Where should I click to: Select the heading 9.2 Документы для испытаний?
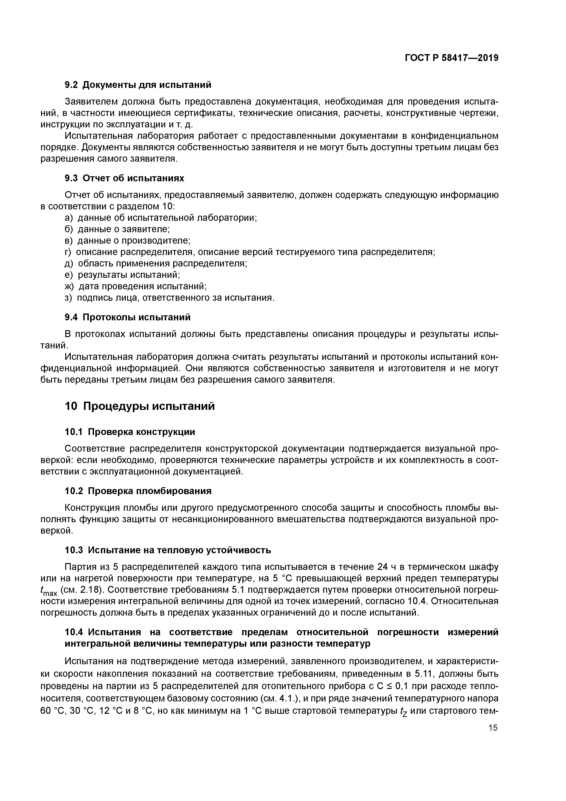tap(138, 85)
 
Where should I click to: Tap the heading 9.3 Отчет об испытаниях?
tap(125, 178)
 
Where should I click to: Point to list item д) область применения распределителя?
tap(156, 263)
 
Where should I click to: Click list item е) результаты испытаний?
tap(122, 275)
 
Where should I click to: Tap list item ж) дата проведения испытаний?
tap(136, 286)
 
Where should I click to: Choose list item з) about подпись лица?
tap(170, 298)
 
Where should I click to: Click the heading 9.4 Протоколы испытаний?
tap(128, 317)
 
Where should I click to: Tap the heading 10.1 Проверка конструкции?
tap(130, 432)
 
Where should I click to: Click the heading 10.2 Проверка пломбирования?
tap(138, 491)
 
